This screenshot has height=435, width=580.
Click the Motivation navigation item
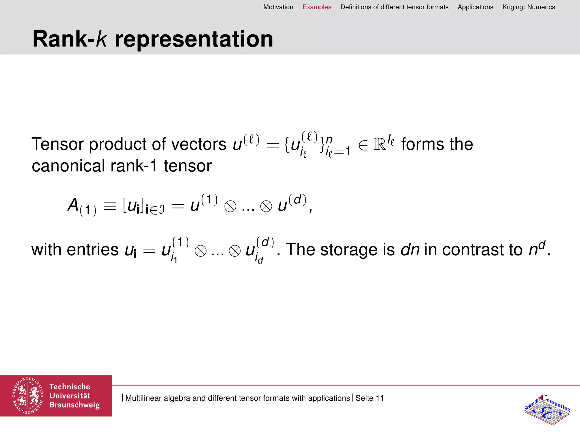point(278,7)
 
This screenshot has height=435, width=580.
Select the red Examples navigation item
point(317,7)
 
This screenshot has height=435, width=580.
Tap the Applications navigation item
point(475,7)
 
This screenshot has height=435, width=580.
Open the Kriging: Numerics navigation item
point(528,7)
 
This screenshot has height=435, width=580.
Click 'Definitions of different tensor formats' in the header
point(394,7)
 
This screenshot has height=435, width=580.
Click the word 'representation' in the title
point(194,39)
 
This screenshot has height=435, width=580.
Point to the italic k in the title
point(101,39)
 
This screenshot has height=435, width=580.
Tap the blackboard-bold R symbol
point(380,144)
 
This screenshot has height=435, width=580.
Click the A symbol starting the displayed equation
point(73,204)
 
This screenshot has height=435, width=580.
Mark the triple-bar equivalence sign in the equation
point(110,206)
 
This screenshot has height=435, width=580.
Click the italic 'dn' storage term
point(410,250)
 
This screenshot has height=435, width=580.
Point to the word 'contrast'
point(482,250)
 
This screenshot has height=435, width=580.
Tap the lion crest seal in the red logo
point(28,396)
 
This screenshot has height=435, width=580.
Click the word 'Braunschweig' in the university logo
point(75,405)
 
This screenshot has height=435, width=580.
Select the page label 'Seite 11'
point(370,398)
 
